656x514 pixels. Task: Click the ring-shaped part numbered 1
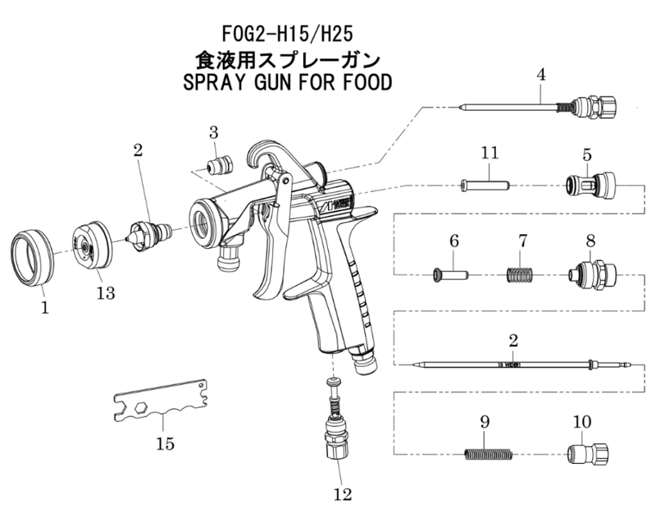click(x=30, y=258)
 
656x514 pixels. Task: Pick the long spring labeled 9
click(x=488, y=453)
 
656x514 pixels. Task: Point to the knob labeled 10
click(x=587, y=452)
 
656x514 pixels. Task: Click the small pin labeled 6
click(x=450, y=273)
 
